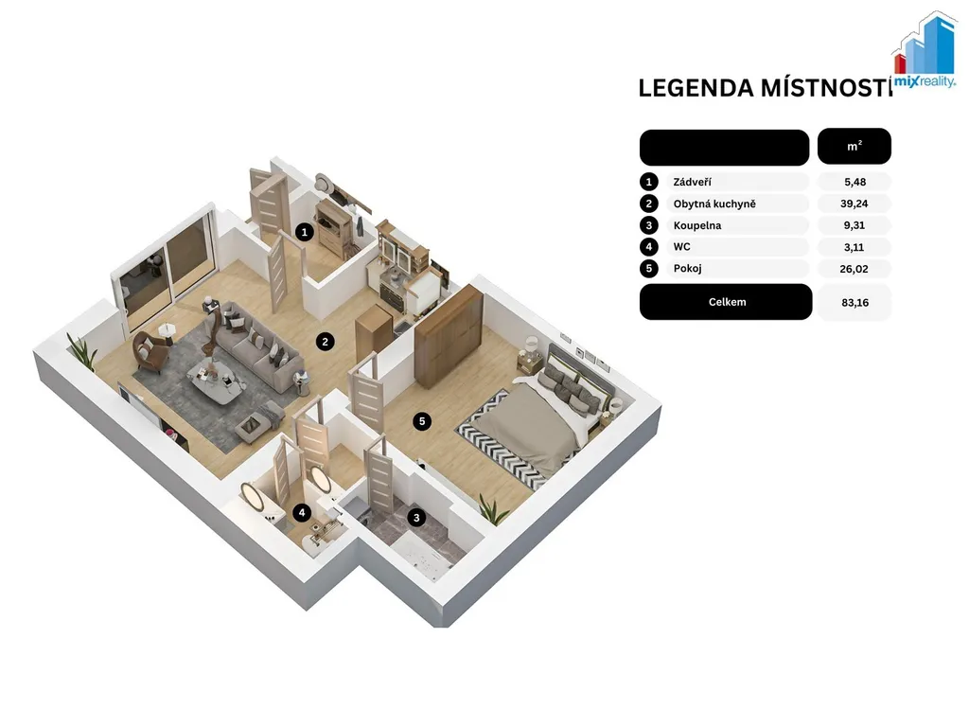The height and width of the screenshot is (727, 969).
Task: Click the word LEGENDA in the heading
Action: (696, 88)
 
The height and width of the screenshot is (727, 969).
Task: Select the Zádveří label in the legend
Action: (692, 182)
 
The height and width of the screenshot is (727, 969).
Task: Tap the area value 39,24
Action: (854, 204)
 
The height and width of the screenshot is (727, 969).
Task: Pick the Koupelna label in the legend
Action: (697, 225)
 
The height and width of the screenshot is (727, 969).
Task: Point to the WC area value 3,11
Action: (854, 247)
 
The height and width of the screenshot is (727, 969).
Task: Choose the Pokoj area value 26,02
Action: (854, 269)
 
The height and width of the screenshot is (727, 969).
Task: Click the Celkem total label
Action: (727, 302)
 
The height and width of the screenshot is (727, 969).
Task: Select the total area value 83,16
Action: (855, 302)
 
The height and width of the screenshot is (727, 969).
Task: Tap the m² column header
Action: (854, 146)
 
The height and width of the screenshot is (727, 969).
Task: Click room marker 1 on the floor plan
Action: (304, 233)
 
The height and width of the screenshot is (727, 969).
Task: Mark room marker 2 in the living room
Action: (326, 341)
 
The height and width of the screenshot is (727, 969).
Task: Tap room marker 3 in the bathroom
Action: (416, 518)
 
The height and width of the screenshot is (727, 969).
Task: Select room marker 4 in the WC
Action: (302, 512)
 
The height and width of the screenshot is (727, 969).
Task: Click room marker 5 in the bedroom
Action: (422, 421)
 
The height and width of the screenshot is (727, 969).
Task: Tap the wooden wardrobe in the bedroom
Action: (449, 336)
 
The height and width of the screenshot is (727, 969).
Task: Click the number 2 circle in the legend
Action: (649, 204)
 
